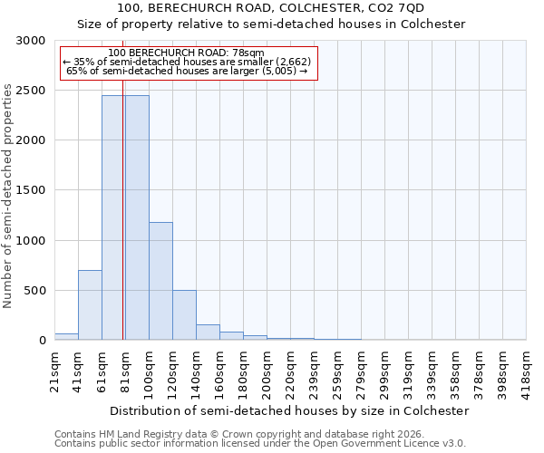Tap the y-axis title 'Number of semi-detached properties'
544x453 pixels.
pyautogui.click(x=9, y=196)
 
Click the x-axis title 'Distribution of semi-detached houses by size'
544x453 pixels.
pyautogui.click(x=287, y=410)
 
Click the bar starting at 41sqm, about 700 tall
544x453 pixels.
pyautogui.click(x=90, y=305)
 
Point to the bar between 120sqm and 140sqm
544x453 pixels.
pyautogui.click(x=184, y=315)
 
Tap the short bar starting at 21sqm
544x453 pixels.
pyautogui.click(x=66, y=336)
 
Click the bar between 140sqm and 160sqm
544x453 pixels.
pyautogui.click(x=208, y=333)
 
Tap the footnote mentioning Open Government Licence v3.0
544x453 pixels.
pyautogui.click(x=260, y=444)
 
